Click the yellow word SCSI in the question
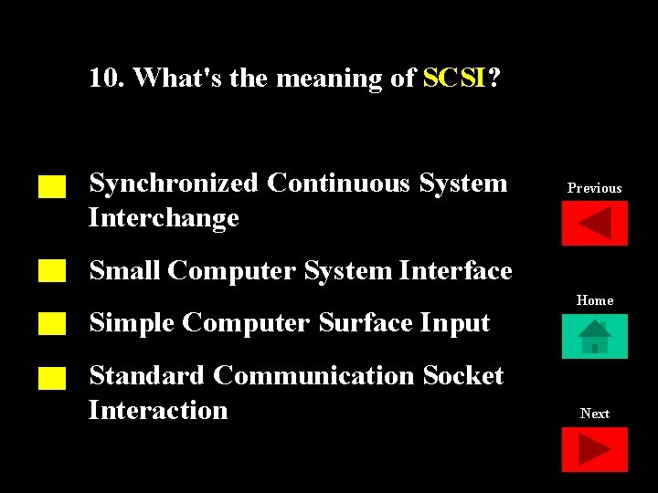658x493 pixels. tap(455, 79)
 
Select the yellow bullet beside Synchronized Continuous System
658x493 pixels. tap(52, 187)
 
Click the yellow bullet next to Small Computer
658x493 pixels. tap(52, 270)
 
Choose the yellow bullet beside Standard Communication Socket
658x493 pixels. tap(52, 378)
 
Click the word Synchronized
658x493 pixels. tap(174, 184)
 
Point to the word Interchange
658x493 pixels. tap(164, 218)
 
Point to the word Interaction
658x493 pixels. tap(158, 410)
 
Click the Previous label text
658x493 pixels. tap(594, 188)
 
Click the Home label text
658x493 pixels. tap(595, 300)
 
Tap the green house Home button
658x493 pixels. tap(595, 336)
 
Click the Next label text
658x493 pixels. tap(595, 414)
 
